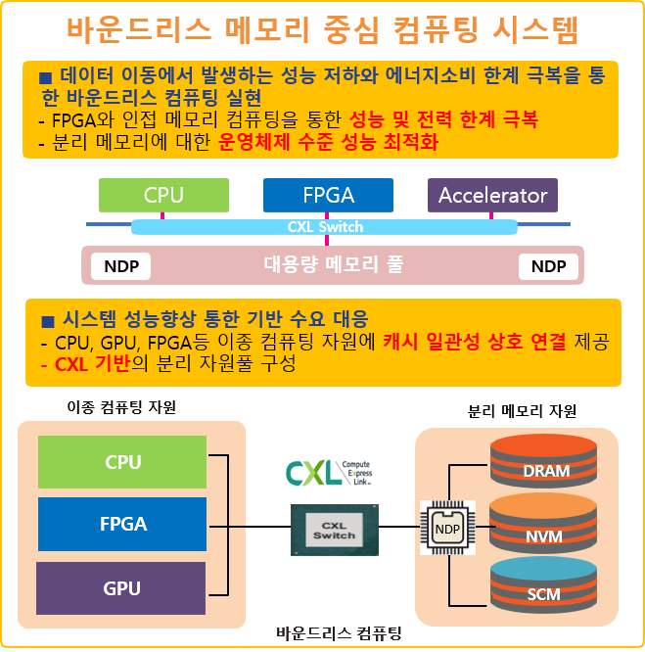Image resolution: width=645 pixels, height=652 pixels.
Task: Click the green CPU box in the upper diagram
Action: pos(163,195)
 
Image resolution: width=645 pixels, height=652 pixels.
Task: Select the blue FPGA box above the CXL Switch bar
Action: pos(328,195)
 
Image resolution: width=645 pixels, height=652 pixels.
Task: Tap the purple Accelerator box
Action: pos(492,195)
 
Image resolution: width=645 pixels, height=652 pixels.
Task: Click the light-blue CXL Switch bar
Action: pos(324,227)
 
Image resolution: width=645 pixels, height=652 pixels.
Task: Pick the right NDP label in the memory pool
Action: pos(548,266)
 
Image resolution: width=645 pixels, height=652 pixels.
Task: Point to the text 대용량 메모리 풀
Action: pos(333,264)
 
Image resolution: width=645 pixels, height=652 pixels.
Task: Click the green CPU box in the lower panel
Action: pos(122,462)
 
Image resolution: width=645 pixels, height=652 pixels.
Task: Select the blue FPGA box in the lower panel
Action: pos(122,524)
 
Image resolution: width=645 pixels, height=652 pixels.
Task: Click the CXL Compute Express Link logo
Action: pos(329,472)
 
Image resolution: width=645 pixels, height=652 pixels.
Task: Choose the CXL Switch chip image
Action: pos(333,531)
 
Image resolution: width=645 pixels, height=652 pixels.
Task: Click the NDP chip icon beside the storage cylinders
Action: pos(446,530)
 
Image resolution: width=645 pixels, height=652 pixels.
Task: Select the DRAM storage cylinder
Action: pos(545,462)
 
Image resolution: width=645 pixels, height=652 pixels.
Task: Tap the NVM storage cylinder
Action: pos(545,527)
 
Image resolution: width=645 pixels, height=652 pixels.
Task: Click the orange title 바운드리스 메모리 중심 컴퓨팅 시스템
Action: pos(322,29)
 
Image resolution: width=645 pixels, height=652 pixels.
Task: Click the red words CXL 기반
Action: pos(93,364)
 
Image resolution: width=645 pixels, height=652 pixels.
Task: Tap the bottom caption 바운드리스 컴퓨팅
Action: pos(339,632)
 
